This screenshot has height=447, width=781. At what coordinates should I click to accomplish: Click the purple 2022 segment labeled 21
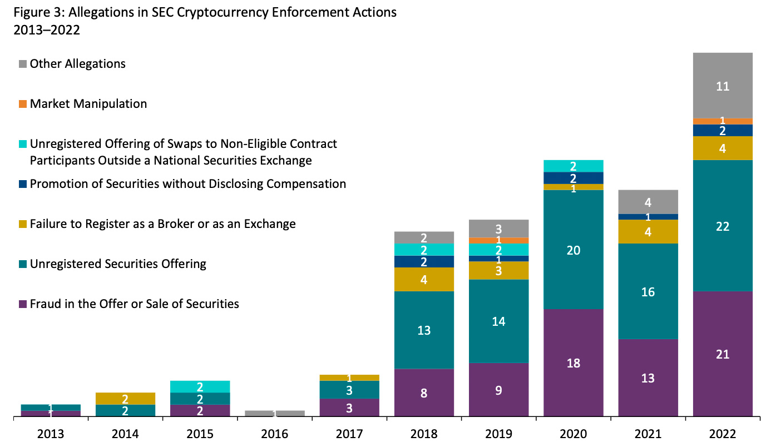click(x=723, y=354)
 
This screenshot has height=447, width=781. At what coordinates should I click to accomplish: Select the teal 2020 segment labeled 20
click(x=574, y=250)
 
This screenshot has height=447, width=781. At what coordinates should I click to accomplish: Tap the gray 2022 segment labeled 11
click(x=723, y=86)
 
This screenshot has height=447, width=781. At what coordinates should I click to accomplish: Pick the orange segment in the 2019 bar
click(x=499, y=240)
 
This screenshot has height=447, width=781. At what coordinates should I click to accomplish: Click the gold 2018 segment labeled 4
click(x=424, y=279)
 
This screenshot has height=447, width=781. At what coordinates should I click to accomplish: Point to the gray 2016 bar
click(x=275, y=413)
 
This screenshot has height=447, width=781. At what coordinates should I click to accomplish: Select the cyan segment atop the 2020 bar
click(x=574, y=166)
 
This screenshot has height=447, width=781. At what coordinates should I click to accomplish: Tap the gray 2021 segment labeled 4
click(x=648, y=202)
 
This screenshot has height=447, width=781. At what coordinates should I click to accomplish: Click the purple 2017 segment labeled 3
click(x=350, y=408)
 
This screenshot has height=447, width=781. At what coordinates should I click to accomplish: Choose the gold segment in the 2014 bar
click(x=125, y=399)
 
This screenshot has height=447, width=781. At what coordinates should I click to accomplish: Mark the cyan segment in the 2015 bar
click(x=200, y=386)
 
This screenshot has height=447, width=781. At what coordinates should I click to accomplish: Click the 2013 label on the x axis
click(x=51, y=434)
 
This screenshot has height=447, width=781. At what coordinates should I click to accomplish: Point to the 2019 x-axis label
click(x=499, y=434)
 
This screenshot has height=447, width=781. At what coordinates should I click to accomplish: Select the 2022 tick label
click(x=723, y=434)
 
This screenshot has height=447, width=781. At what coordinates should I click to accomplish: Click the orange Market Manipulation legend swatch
click(x=23, y=104)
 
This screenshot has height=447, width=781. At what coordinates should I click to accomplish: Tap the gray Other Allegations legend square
click(x=23, y=64)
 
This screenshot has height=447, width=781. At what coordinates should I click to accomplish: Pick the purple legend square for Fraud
click(x=23, y=304)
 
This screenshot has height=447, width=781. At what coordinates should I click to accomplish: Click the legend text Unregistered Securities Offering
click(x=118, y=264)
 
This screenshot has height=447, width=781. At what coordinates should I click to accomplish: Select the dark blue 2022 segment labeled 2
click(x=723, y=130)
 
